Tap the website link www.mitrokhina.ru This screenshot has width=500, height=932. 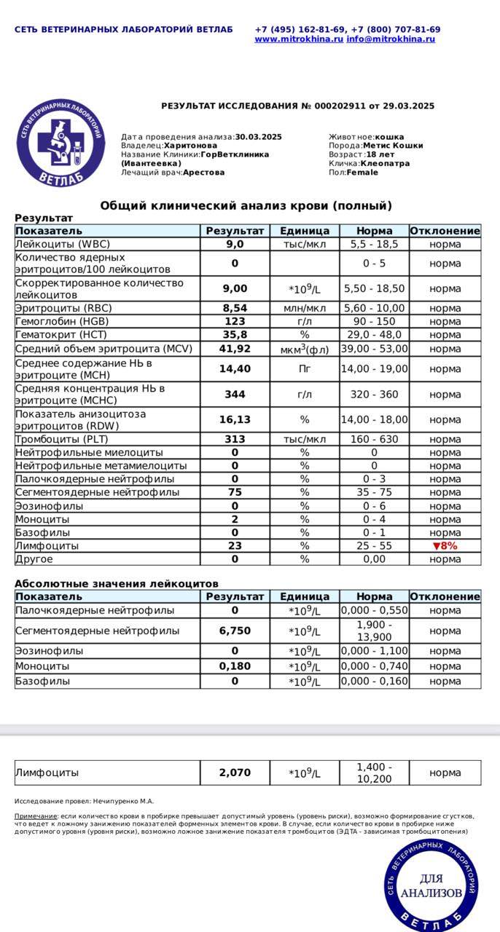pyautogui.click(x=299, y=39)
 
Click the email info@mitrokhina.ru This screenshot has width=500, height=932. pyautogui.click(x=391, y=39)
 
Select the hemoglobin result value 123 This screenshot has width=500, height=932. pyautogui.click(x=235, y=321)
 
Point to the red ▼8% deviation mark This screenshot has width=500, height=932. pyautogui.click(x=445, y=545)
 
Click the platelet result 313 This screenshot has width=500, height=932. pyautogui.click(x=235, y=439)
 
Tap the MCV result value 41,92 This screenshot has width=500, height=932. pyautogui.click(x=235, y=349)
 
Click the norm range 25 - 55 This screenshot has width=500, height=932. pyautogui.click(x=375, y=545)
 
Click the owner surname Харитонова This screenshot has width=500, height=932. pyautogui.click(x=190, y=146)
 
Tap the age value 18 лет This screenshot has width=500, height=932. pyautogui.click(x=380, y=154)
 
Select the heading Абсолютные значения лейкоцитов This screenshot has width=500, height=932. pyautogui.click(x=117, y=584)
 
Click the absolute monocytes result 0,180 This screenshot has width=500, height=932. pyautogui.click(x=235, y=666)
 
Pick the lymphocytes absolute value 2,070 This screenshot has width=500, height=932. pyautogui.click(x=235, y=773)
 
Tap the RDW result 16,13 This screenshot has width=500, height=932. pyautogui.click(x=235, y=419)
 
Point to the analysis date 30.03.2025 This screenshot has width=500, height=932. pyautogui.click(x=258, y=137)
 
